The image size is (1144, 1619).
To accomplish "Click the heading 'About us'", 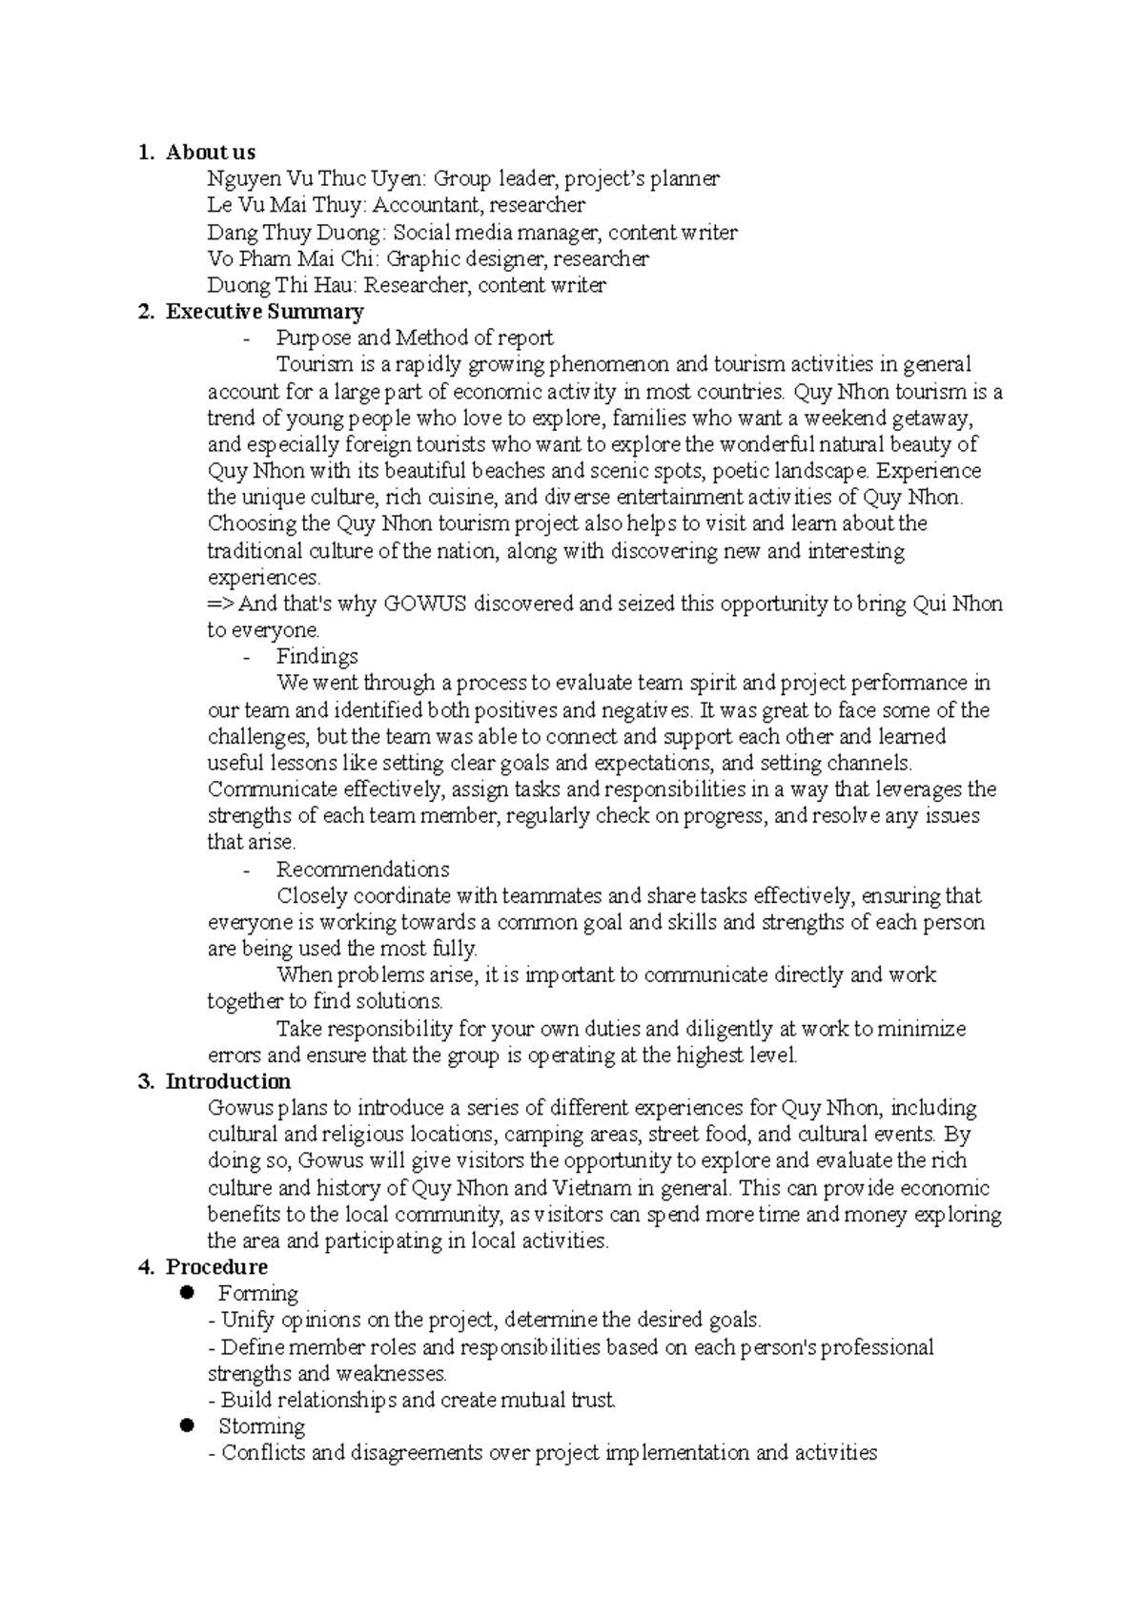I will (x=210, y=152).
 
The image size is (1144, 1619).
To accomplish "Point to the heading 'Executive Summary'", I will (x=264, y=312).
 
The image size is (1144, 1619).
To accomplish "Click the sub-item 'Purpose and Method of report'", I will (x=414, y=338).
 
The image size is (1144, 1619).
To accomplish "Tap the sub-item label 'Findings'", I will (x=317, y=656).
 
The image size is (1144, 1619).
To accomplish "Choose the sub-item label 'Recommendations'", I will (x=362, y=870).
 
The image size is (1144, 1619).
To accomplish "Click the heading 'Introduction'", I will (x=228, y=1081).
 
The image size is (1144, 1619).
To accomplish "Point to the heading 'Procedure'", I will (x=215, y=1267).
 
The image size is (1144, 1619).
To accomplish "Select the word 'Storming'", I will (x=261, y=1426).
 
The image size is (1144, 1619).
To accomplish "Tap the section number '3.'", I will (x=145, y=1081).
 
